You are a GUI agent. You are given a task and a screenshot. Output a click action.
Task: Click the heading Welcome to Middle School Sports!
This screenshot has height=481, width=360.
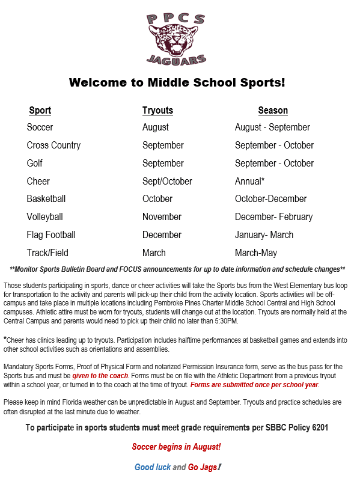pos(177,82)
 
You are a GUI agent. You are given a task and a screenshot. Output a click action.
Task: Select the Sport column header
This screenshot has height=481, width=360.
pos(40,111)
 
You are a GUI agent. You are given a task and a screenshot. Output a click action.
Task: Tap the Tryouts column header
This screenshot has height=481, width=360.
pos(157,111)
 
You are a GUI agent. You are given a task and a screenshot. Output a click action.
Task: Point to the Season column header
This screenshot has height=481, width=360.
pos(273,111)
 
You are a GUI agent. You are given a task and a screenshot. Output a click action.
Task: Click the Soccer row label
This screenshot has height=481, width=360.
pos(40,127)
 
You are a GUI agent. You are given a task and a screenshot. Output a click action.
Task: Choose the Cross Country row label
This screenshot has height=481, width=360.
pos(53,146)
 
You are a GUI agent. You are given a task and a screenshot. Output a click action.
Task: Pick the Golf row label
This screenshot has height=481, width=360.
pos(35,164)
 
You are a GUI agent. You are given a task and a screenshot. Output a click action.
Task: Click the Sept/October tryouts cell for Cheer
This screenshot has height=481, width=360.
pos(167,182)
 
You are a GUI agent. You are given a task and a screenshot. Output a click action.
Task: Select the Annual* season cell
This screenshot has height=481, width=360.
pos(249,182)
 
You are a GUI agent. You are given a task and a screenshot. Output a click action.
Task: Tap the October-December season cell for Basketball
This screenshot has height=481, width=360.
pos(270,199)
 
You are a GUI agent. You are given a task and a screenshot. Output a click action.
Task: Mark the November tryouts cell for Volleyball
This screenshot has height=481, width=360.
pos(162,217)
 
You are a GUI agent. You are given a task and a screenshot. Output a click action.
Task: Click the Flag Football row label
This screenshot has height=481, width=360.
pos(51,235)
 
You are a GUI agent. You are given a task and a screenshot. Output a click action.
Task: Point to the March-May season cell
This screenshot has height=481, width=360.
pos(256,253)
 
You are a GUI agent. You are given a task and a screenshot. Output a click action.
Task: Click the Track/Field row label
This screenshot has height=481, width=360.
pos(47,253)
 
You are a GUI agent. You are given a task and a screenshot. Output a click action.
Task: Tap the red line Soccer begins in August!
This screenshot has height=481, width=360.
pos(177,447)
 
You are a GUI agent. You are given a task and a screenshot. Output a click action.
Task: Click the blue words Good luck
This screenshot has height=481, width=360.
pos(153,467)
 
